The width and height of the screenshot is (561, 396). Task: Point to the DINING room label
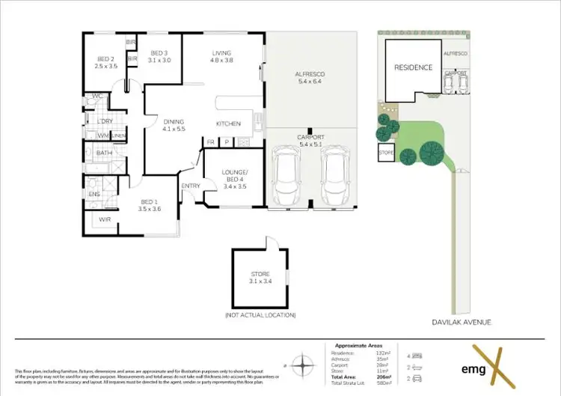click(173, 125)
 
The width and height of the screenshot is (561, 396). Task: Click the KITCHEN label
click(227, 124)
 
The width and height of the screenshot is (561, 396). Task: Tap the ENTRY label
click(190, 186)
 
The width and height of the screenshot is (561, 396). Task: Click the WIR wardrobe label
click(105, 219)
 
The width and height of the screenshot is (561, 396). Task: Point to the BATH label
click(104, 153)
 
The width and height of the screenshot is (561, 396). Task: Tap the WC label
click(97, 97)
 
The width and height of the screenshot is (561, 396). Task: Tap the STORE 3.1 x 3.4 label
click(260, 278)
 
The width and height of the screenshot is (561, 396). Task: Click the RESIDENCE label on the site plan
click(413, 67)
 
